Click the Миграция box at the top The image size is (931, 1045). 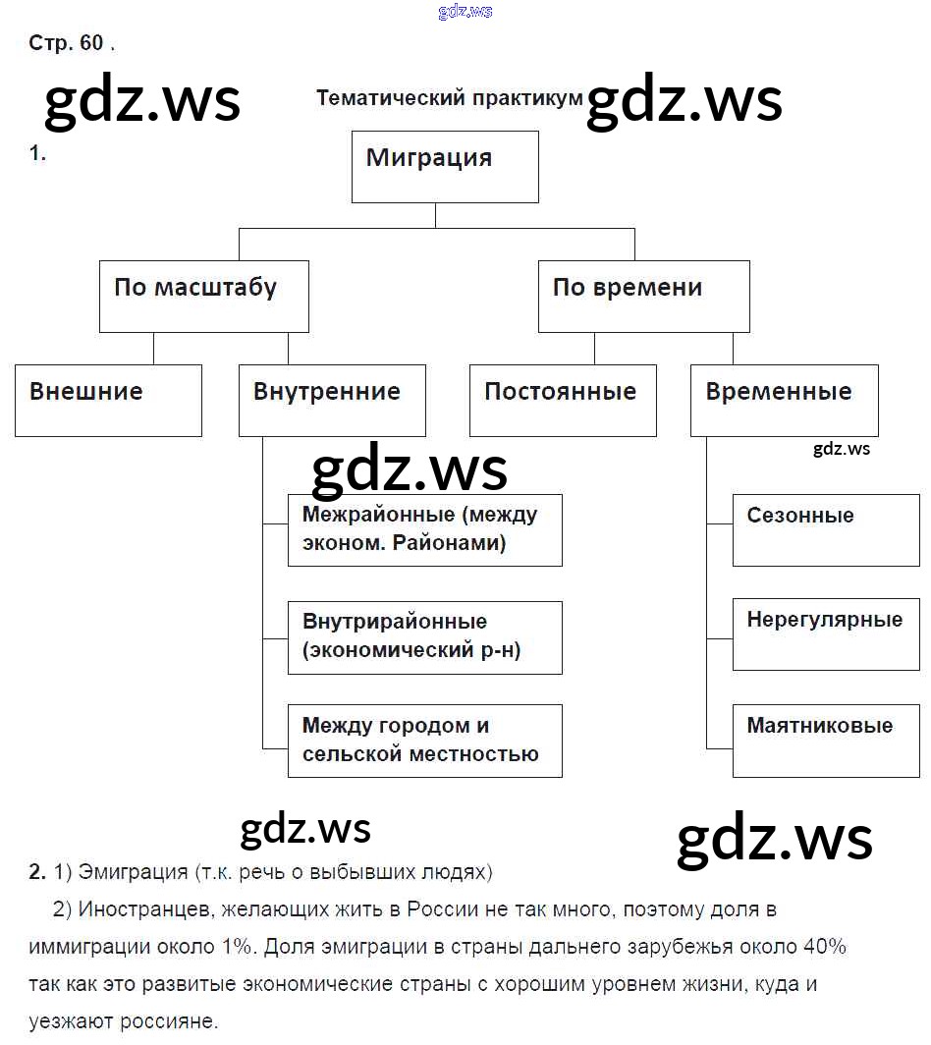pos(445,167)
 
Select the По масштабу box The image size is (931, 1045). pos(203,296)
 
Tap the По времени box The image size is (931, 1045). pos(643,296)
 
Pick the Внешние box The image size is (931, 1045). pos(108,401)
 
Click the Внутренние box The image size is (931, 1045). pos(332,401)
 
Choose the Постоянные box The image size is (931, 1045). pos(563,401)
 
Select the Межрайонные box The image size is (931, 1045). pos(424,530)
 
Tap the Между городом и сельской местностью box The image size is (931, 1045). pos(424,742)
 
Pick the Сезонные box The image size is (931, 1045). pos(826,530)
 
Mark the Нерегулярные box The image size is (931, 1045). pos(826,635)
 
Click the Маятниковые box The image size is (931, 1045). pos(826,741)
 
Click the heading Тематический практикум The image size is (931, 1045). pos(450,98)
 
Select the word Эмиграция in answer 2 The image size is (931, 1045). pos(133,871)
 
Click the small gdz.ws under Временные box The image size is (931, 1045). pos(842,449)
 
